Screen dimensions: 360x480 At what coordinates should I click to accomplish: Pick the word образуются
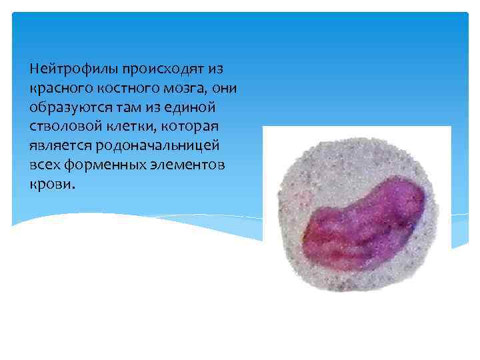[64, 107]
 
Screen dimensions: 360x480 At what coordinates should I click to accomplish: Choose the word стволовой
[63, 127]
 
